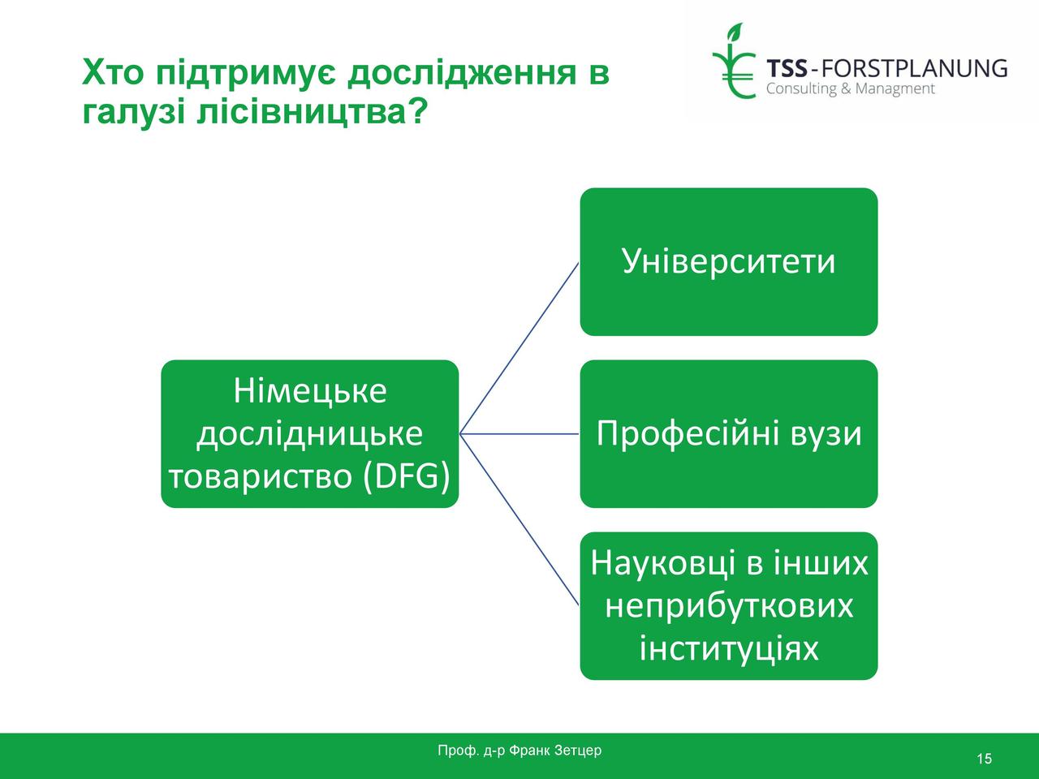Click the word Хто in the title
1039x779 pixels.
coord(113,72)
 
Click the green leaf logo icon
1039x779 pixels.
coord(734,61)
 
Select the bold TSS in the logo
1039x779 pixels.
coord(787,69)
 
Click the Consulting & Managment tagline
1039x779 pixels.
coord(851,89)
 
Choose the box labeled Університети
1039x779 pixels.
coord(729,261)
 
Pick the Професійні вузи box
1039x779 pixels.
coord(729,433)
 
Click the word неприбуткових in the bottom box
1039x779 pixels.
coord(730,606)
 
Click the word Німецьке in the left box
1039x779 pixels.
coord(310,391)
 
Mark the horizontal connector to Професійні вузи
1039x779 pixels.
coord(519,433)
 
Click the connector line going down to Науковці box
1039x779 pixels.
coord(519,520)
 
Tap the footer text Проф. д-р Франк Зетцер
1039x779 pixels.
coord(519,750)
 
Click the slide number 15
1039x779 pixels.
coord(984,759)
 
